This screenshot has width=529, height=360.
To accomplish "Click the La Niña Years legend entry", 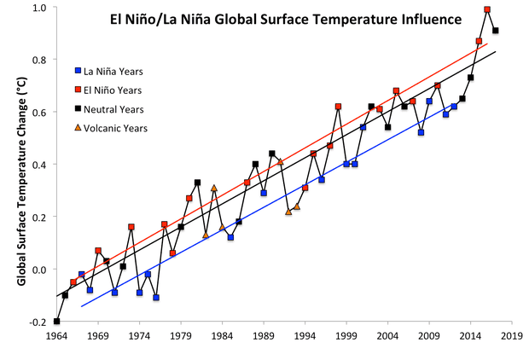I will [113, 71].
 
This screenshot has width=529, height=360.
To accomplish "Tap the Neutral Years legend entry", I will [113, 109].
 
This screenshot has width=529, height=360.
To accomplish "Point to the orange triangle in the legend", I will [78, 128].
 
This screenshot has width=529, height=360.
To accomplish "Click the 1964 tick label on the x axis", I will [56, 336].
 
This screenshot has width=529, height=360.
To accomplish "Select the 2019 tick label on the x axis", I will [512, 336].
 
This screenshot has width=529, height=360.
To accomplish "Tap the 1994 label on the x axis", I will [305, 336].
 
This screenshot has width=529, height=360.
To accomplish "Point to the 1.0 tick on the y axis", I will [39, 8].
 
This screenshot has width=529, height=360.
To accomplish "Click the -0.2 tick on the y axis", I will [38, 322].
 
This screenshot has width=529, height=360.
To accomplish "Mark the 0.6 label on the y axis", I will [39, 113].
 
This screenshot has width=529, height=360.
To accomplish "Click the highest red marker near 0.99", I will [487, 9].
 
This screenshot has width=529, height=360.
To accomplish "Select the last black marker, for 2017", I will [496, 31].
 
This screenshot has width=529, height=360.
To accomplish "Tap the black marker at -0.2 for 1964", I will [56, 322].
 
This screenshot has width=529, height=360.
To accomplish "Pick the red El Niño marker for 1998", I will [338, 107].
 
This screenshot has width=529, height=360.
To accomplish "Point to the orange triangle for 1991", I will [280, 161].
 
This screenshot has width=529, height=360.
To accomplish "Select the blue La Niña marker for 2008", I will [421, 132].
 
